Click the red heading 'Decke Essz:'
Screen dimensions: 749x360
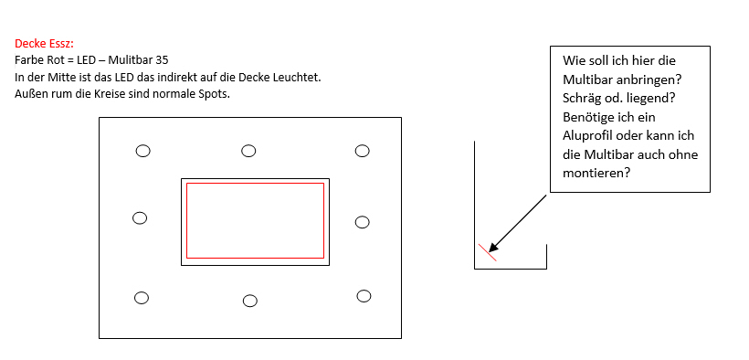[44, 44]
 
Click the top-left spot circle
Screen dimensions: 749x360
[142, 151]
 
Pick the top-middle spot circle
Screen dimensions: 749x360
[248, 151]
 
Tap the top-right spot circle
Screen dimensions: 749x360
[362, 151]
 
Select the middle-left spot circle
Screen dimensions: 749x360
[140, 218]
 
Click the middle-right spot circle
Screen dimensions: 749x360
[362, 222]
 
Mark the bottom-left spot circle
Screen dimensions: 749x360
[142, 298]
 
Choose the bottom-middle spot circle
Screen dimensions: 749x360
[250, 301]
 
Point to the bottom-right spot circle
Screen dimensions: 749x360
[364, 296]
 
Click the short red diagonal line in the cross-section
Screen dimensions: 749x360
[488, 252]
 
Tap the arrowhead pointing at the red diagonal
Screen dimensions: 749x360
[494, 246]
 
